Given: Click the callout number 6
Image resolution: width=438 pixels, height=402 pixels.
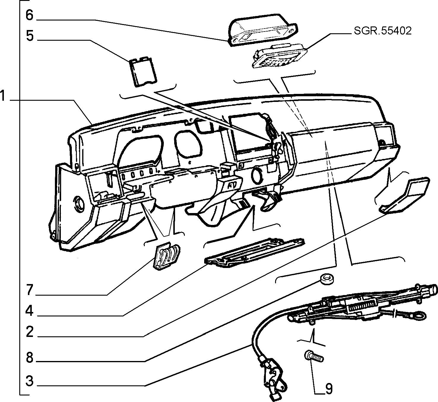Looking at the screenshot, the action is click(29, 15).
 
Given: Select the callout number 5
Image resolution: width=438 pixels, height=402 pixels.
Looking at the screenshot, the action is click(30, 36).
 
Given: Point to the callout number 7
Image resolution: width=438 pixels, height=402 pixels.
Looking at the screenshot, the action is click(30, 290).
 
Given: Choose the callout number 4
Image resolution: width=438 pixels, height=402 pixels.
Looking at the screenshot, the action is click(29, 311).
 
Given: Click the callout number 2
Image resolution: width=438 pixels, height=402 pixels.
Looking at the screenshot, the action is click(30, 332).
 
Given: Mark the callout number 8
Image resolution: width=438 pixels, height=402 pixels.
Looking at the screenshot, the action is click(30, 358).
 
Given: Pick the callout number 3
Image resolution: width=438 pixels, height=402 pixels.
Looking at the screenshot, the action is click(30, 381).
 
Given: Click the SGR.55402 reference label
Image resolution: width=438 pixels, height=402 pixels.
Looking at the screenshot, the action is click(383, 31).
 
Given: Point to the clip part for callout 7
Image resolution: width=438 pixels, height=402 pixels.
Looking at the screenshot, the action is click(167, 256).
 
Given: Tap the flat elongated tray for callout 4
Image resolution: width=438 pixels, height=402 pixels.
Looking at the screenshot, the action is click(254, 252).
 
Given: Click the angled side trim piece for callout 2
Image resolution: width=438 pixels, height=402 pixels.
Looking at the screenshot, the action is click(404, 195).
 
